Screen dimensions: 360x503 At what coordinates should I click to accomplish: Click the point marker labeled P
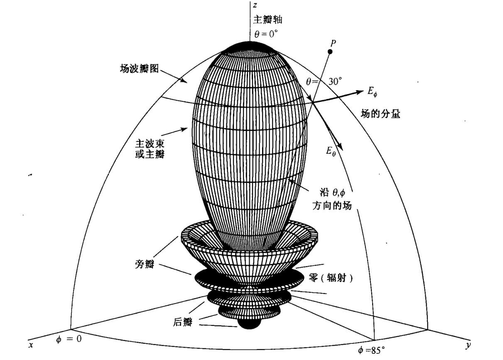click(330, 52)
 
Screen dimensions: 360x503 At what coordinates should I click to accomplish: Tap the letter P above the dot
click(333, 42)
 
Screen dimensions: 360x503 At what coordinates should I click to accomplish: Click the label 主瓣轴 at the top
click(267, 20)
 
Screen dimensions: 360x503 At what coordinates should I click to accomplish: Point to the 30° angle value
click(335, 81)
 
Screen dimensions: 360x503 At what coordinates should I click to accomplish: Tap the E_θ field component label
click(331, 151)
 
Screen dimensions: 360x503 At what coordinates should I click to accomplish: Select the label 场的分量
click(380, 114)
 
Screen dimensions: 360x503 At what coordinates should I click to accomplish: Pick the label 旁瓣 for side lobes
click(145, 264)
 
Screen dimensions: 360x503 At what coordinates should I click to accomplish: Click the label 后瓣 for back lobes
click(183, 322)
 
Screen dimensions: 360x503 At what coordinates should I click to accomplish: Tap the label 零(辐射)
click(331, 278)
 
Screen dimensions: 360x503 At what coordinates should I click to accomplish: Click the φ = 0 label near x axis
click(69, 339)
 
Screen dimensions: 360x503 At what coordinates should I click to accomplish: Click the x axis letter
click(31, 345)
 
